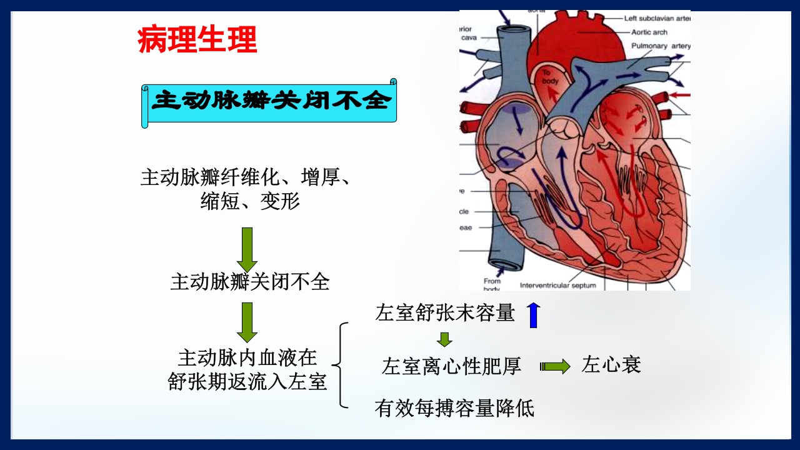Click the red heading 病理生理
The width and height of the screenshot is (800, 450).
(197, 40)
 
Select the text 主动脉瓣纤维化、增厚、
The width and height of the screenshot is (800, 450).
(246, 177)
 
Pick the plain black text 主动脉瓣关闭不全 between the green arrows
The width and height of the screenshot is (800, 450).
(249, 282)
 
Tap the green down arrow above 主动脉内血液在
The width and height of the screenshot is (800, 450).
(247, 322)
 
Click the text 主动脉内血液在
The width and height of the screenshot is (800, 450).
(247, 358)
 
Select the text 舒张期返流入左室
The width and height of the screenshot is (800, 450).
(247, 382)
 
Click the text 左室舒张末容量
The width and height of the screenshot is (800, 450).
(445, 313)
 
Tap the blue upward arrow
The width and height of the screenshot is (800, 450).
(533, 315)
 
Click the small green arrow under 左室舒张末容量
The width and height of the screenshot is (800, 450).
(444, 339)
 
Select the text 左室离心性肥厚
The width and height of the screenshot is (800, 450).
(451, 366)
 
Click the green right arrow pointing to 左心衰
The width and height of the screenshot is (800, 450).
(555, 366)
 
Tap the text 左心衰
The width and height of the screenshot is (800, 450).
(611, 365)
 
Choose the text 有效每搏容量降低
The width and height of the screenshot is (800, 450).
(454, 408)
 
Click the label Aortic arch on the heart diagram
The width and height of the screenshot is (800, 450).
(649, 32)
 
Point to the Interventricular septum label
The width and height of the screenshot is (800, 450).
(557, 286)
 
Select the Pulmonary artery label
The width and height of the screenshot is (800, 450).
(661, 46)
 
